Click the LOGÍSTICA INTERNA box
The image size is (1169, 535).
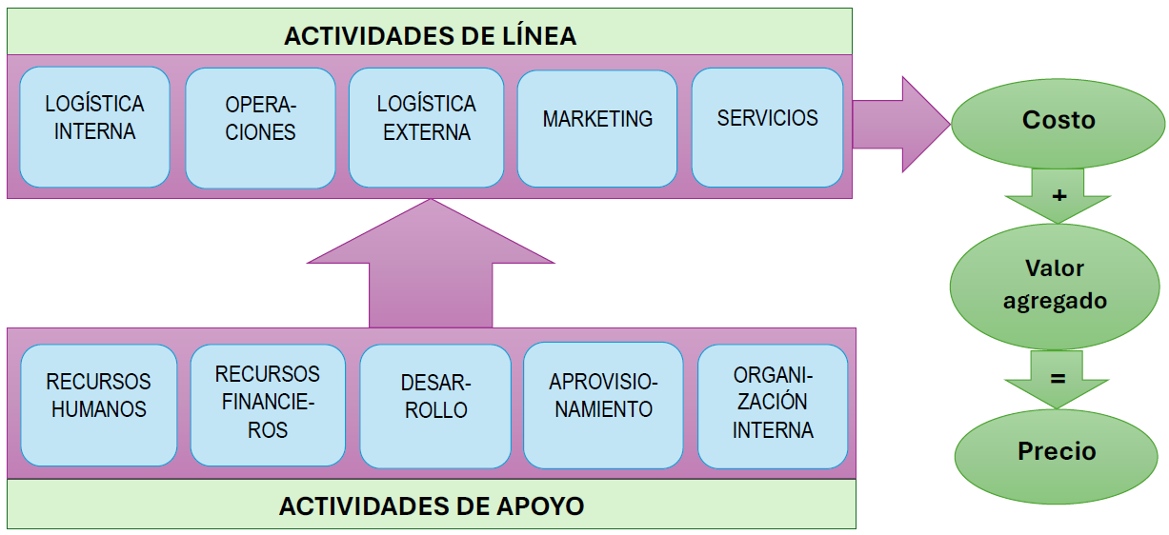[95, 127]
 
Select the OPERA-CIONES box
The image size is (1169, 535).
[260, 128]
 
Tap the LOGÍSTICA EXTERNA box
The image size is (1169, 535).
[427, 128]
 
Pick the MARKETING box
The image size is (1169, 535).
[597, 129]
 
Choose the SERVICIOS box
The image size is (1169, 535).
[767, 128]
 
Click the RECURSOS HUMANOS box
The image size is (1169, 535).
[99, 406]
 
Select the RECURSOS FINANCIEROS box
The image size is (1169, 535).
[268, 406]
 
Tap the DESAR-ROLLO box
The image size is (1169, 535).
[435, 406]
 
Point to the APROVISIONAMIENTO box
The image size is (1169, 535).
[603, 406]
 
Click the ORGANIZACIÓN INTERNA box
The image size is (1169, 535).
[773, 406]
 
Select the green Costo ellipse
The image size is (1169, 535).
[1058, 124]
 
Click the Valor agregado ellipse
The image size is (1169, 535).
[1055, 287]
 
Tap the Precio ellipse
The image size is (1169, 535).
[1057, 456]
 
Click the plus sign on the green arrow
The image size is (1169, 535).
[1058, 195]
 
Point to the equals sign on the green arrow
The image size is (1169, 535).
[1058, 378]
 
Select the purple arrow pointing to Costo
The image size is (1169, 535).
[900, 124]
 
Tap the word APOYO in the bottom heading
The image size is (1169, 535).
[539, 506]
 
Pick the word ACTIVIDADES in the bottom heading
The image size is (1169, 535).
[364, 506]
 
